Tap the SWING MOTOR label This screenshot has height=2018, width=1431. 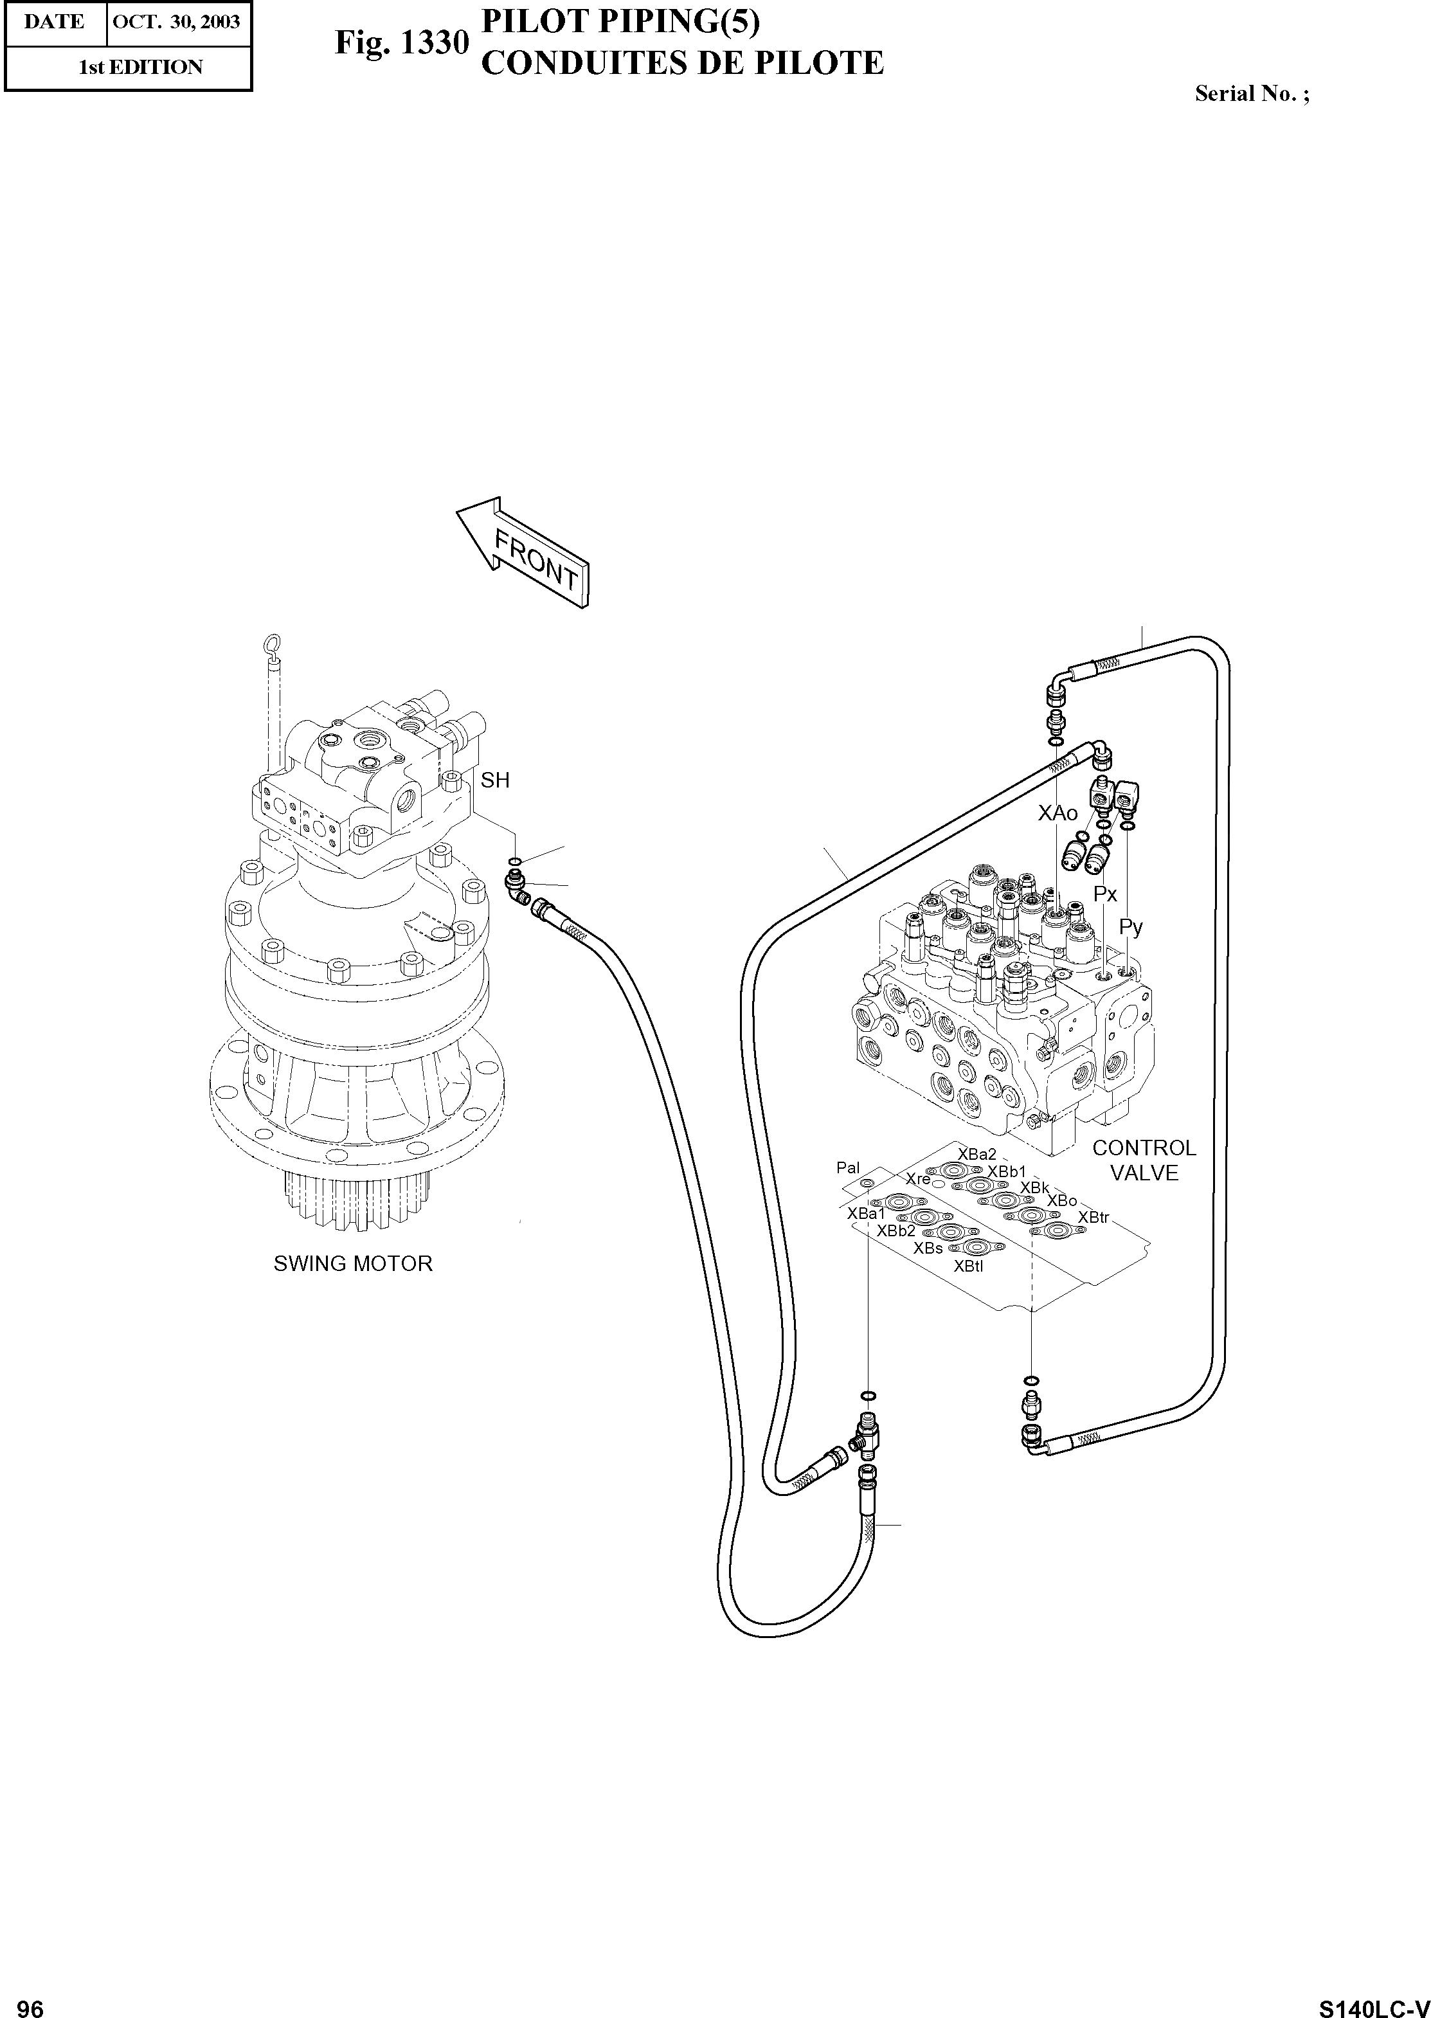352,1264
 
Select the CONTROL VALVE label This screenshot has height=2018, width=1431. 1143,1160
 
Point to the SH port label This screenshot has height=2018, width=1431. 495,780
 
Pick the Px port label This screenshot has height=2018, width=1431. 1105,894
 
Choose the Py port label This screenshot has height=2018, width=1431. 1131,927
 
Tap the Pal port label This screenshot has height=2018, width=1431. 848,1167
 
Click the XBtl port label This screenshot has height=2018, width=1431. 968,1266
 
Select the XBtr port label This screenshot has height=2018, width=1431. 1093,1217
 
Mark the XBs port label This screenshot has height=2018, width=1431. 928,1248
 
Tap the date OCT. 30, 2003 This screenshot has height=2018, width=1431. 177,22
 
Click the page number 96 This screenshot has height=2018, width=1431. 30,2001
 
